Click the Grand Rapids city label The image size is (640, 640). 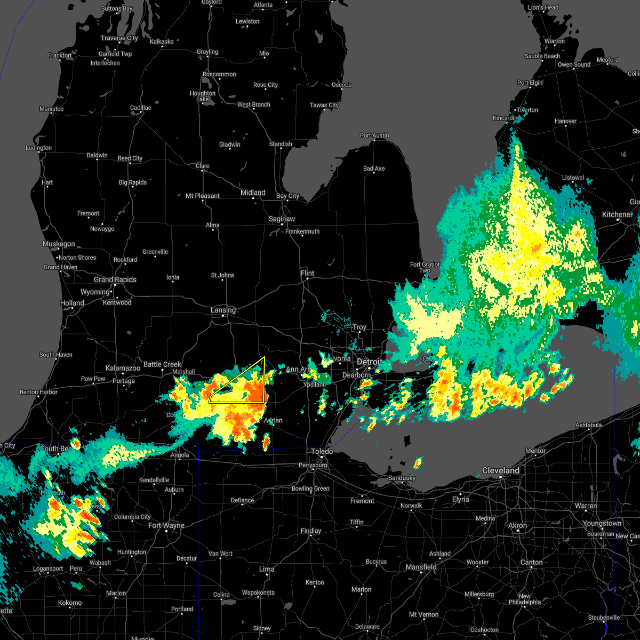pyautogui.click(x=115, y=279)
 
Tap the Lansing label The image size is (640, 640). pyautogui.click(x=223, y=310)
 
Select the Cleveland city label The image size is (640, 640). pyautogui.click(x=500, y=470)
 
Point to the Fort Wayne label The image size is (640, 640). pyautogui.click(x=166, y=525)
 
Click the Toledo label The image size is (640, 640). pyautogui.click(x=322, y=451)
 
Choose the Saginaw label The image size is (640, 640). pyautogui.click(x=282, y=219)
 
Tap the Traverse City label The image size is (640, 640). pyautogui.click(x=119, y=38)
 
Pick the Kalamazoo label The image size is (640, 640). pyautogui.click(x=123, y=368)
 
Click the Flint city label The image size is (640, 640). pyautogui.click(x=307, y=273)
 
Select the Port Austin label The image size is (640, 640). pyautogui.click(x=374, y=135)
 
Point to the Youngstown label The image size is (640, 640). pyautogui.click(x=602, y=523)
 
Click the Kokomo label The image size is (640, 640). pyautogui.click(x=70, y=603)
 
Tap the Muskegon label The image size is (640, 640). pyautogui.click(x=59, y=244)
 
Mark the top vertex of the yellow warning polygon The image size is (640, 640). pyautogui.click(x=265, y=357)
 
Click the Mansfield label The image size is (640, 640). pyautogui.click(x=421, y=567)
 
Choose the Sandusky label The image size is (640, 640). pyautogui.click(x=402, y=478)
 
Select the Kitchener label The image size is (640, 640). pyautogui.click(x=617, y=214)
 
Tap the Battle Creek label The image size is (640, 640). pyautogui.click(x=162, y=364)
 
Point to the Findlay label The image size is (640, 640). pyautogui.click(x=311, y=531)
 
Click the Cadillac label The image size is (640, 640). pyautogui.click(x=141, y=108)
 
